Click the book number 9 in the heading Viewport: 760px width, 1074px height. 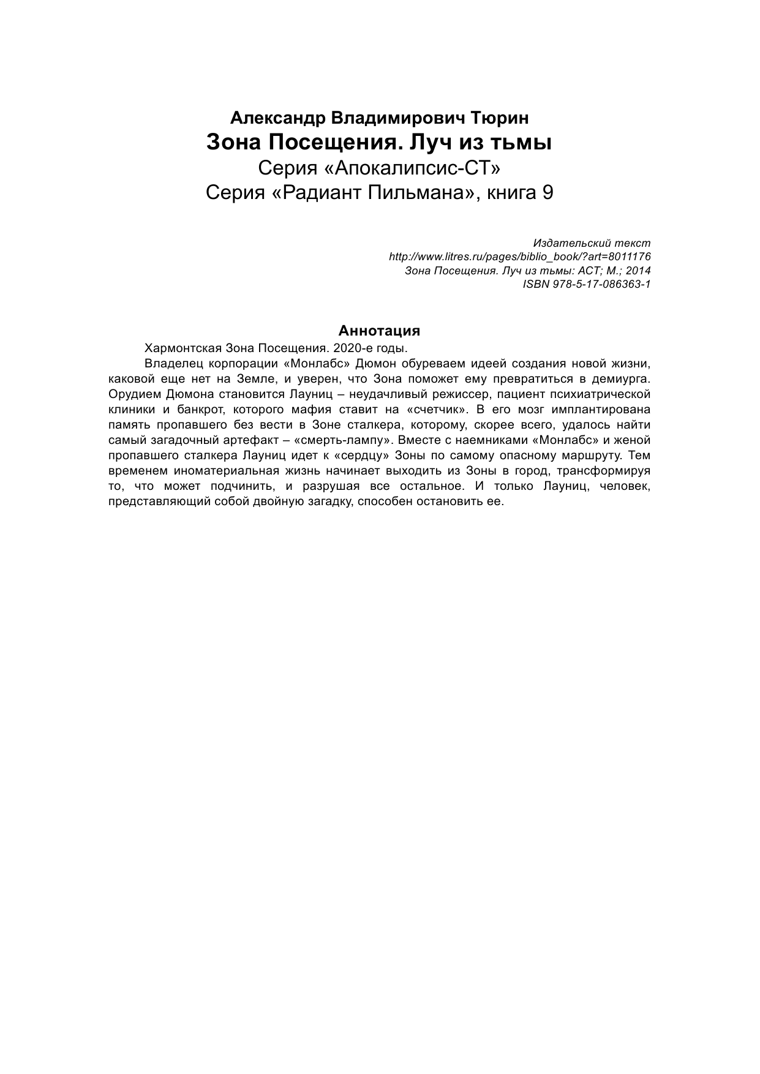click(x=547, y=193)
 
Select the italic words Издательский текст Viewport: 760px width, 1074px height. click(x=592, y=243)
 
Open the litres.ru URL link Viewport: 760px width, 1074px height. click(x=520, y=257)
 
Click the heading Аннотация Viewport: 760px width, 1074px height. click(x=380, y=331)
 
